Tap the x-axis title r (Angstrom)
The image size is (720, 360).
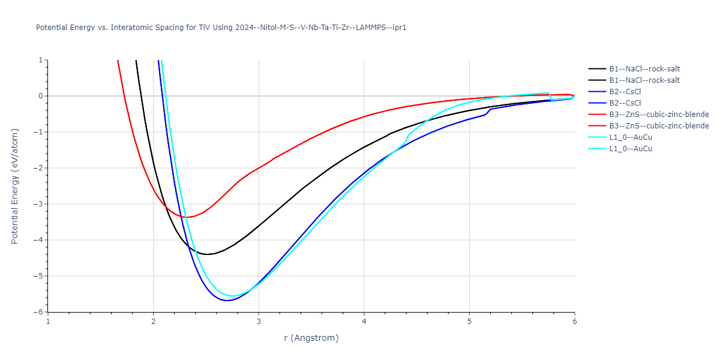point(311,338)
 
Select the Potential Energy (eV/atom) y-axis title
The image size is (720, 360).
point(16,186)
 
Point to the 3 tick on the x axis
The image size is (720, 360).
point(259,322)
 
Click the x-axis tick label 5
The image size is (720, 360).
point(469,322)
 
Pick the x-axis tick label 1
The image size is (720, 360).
point(48,322)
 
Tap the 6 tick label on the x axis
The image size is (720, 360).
point(574,322)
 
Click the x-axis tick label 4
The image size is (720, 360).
point(364,322)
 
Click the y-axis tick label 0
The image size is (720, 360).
point(40,96)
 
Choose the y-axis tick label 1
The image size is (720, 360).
point(40,60)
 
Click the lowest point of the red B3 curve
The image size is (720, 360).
point(187,217)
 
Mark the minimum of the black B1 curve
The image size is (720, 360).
point(206,254)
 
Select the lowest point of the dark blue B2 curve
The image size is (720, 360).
point(227,300)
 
